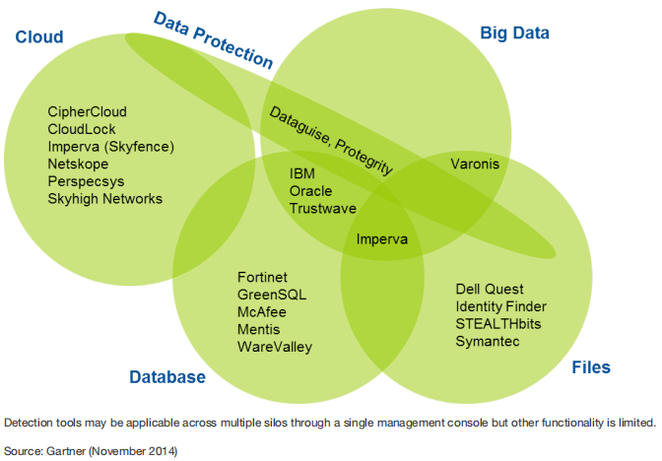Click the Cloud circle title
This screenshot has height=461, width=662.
tap(39, 37)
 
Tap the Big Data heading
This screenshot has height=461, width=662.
tap(514, 33)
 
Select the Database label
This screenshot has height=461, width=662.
tap(167, 377)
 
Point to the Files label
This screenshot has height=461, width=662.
tap(591, 367)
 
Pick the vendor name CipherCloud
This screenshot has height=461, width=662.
tap(87, 112)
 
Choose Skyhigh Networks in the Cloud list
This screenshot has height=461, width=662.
tap(104, 198)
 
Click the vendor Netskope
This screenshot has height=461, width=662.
tap(78, 164)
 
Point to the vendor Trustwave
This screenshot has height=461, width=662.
tap(320, 208)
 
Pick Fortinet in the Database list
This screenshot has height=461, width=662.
tap(262, 277)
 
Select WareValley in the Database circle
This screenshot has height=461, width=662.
tap(275, 346)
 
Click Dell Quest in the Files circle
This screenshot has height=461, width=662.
tap(489, 289)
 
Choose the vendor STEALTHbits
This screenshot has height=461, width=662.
tap(498, 323)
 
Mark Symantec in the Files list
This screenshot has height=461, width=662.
tap(487, 341)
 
